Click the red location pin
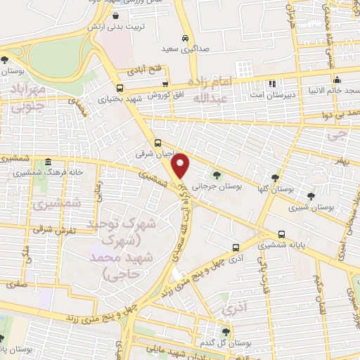point(181,165)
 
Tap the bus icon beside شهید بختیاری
point(120,88)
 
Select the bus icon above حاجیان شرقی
point(157,141)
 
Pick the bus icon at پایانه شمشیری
point(281,234)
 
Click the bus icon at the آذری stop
point(236,247)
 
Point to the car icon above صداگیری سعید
point(184,37)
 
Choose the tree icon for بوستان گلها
point(274,177)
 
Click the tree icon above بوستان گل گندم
point(226,331)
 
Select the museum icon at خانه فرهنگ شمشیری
point(47,161)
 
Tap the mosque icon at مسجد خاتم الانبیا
point(337,79)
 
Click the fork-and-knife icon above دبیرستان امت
point(271,83)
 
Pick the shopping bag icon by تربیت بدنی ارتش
point(114,16)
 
